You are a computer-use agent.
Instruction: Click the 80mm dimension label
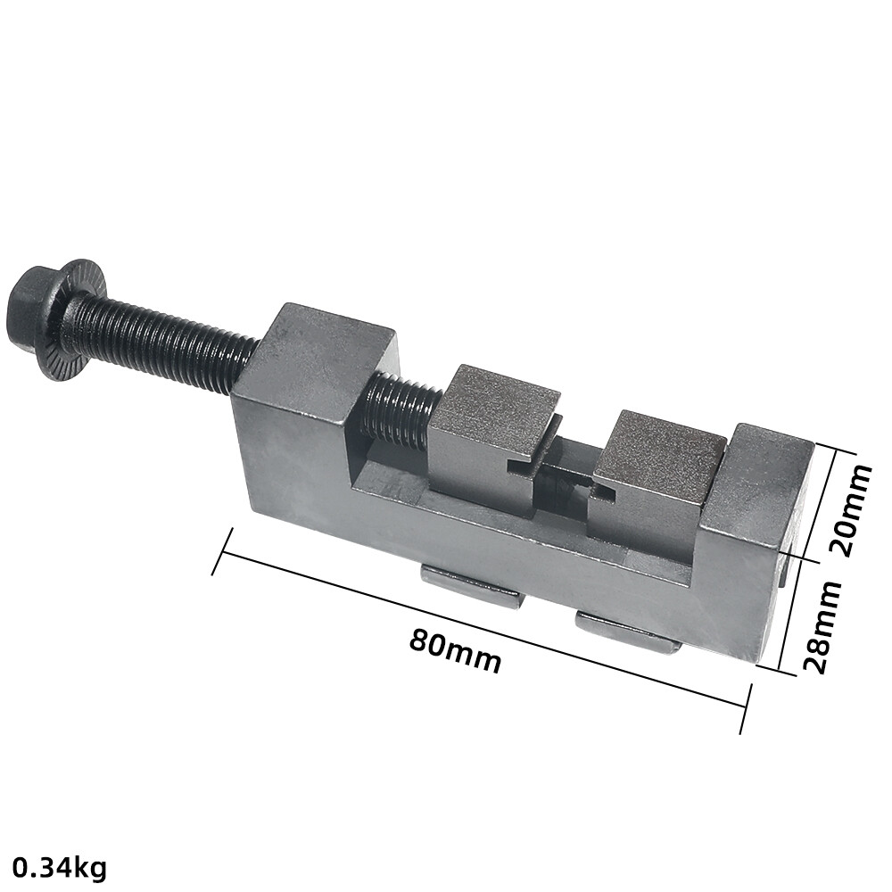[456, 649]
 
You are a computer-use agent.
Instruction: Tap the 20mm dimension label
[851, 509]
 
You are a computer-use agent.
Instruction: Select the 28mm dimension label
[822, 627]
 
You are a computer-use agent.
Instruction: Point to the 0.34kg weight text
[60, 868]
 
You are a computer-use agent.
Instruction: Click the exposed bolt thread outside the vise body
[165, 342]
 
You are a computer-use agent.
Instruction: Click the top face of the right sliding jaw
[663, 446]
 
